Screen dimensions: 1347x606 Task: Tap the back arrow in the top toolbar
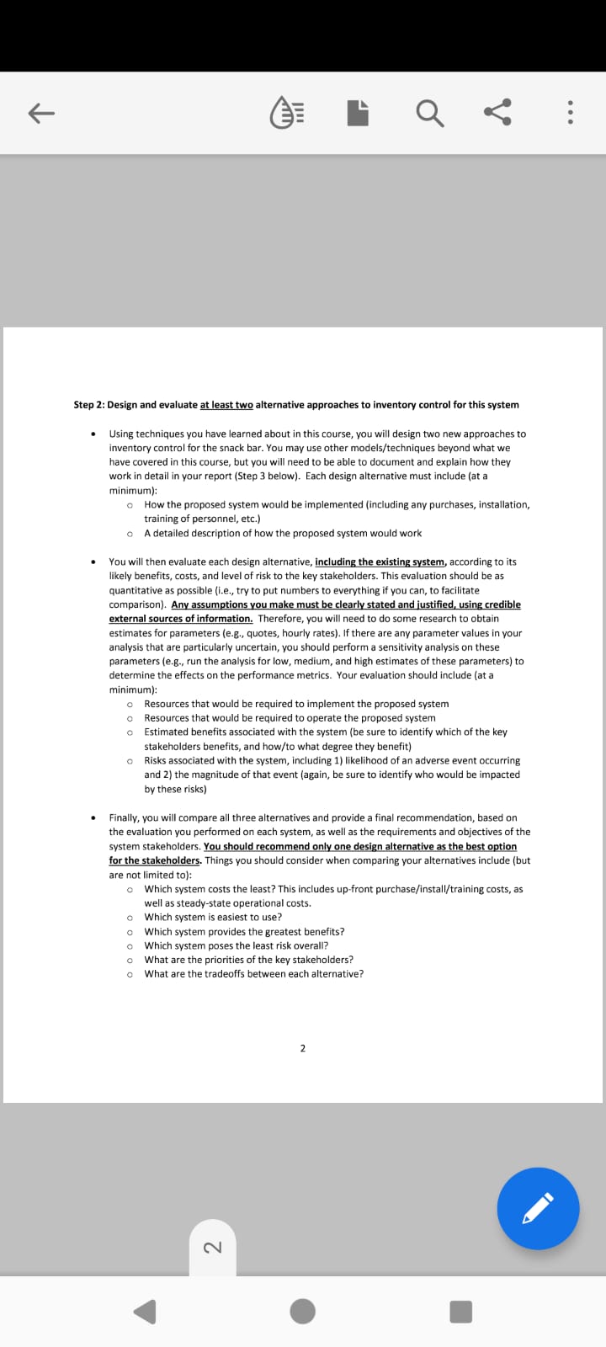coord(41,114)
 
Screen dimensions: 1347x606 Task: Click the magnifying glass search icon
coord(429,114)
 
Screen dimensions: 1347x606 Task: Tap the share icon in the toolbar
coord(497,113)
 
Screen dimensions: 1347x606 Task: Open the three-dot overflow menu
coord(571,114)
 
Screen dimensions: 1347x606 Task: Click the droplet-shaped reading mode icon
coord(287,114)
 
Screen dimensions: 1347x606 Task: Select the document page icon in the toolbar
coord(358,114)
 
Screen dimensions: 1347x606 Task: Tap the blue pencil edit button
coord(538,1208)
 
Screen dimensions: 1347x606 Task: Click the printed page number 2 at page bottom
coord(303,1048)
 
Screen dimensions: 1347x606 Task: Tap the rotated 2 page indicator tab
coord(213,1247)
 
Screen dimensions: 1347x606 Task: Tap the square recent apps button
coord(460,1312)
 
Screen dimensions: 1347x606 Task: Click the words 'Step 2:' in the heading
coord(89,405)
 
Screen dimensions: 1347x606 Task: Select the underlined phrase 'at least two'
coord(226,405)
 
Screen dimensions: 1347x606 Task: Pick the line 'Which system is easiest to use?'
coord(213,917)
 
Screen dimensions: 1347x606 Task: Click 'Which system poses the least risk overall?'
coord(236,945)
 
